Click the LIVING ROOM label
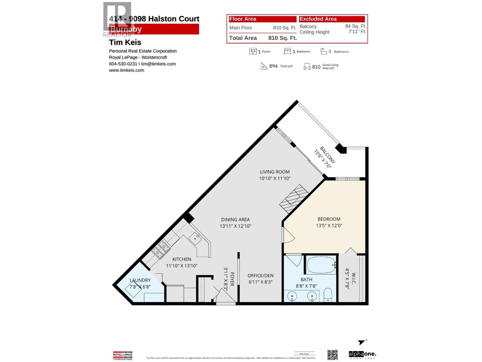point(275,172)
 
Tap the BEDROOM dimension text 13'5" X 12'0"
point(329,226)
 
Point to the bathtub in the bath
point(321,265)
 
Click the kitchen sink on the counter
point(196,239)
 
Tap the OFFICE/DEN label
point(261,275)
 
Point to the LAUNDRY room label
point(140,280)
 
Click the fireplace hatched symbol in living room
point(294,199)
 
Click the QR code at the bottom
point(332,355)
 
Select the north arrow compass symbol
point(361,342)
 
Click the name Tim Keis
point(125,43)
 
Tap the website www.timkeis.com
point(127,70)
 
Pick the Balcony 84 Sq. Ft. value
point(355,26)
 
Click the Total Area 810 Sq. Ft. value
point(282,38)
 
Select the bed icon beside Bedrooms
point(287,51)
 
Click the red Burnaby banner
point(154,29)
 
